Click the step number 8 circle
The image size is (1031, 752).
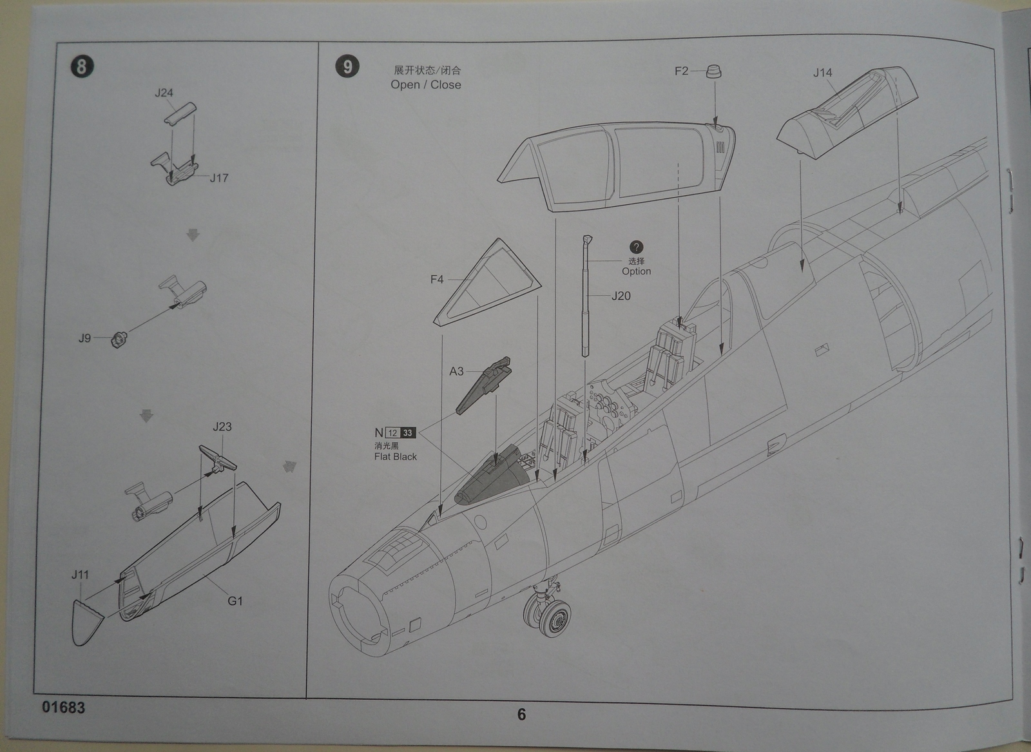(81, 66)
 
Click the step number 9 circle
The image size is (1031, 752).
(347, 66)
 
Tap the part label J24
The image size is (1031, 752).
(164, 93)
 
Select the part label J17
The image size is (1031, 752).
(219, 178)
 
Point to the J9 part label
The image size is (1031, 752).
(85, 338)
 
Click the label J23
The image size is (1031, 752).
(222, 427)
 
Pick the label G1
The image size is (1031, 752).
(235, 601)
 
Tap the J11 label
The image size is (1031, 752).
(80, 575)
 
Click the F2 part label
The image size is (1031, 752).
(681, 71)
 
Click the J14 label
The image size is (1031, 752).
(823, 73)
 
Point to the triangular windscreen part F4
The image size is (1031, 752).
(487, 284)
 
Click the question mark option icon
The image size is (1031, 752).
(636, 247)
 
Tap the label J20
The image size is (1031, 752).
(621, 296)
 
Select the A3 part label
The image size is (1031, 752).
(456, 371)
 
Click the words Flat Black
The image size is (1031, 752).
(395, 457)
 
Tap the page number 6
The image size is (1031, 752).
(521, 714)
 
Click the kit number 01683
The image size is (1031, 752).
(63, 708)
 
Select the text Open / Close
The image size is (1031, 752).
(425, 84)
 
